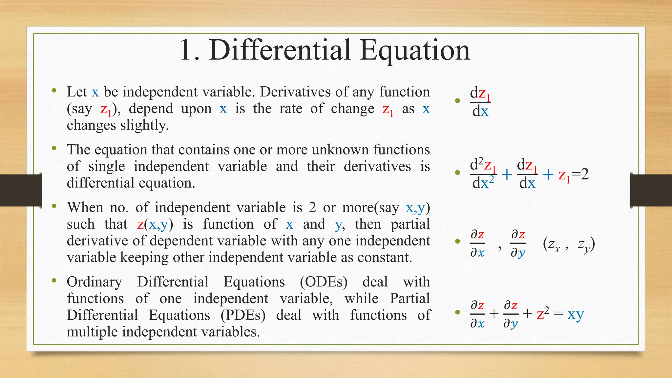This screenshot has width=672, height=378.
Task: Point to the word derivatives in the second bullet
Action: pyautogui.click(x=377, y=166)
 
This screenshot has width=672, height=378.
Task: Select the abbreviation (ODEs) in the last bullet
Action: pyautogui.click(x=324, y=282)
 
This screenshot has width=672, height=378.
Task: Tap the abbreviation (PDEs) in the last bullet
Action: pyautogui.click(x=243, y=315)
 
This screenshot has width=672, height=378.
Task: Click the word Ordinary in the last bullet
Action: pyautogui.click(x=94, y=282)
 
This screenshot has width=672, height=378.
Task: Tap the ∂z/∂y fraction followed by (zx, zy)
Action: pyautogui.click(x=518, y=243)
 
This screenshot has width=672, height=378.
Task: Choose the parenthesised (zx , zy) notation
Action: pyautogui.click(x=569, y=244)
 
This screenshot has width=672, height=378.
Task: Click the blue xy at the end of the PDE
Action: pyautogui.click(x=576, y=314)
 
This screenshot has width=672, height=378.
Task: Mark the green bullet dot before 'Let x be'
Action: pyautogui.click(x=54, y=91)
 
